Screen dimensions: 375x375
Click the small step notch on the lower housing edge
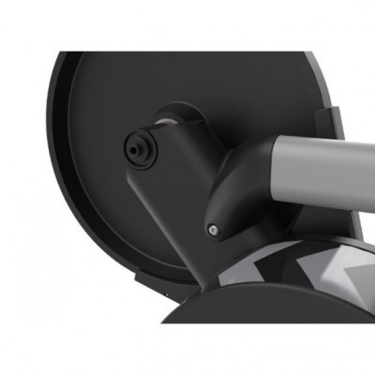tap(139, 277)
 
